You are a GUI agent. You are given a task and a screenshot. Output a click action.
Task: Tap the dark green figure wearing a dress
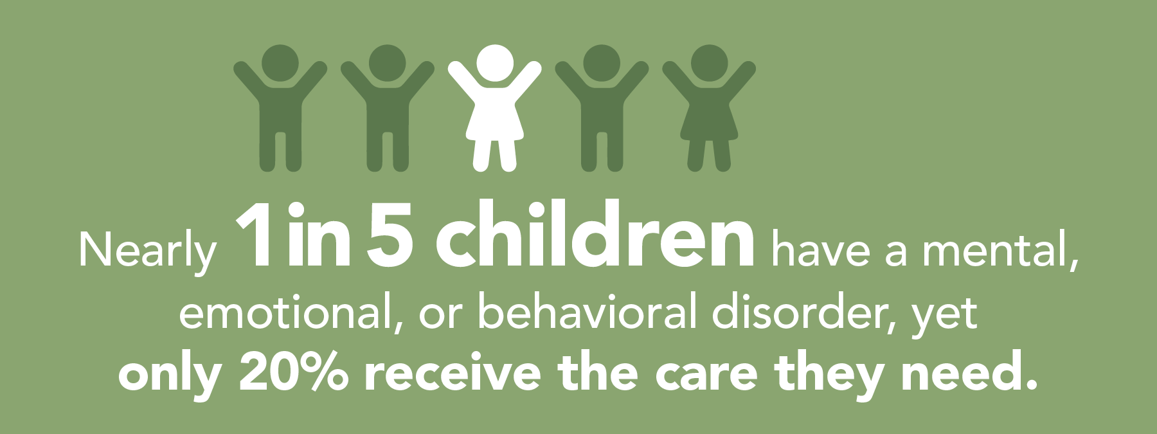pos(709,103)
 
